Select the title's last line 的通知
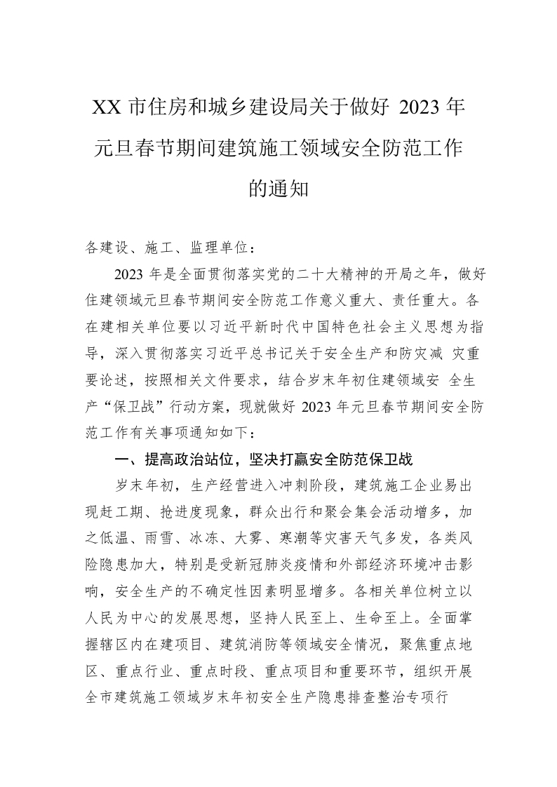coord(278,188)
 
